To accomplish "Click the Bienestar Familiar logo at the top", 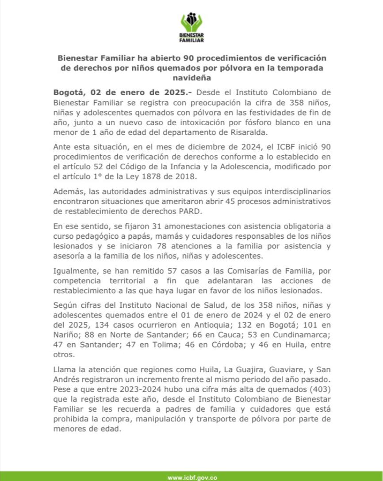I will (191, 27).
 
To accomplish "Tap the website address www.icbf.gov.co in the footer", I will (192, 477).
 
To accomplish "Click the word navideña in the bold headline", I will (191, 78).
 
